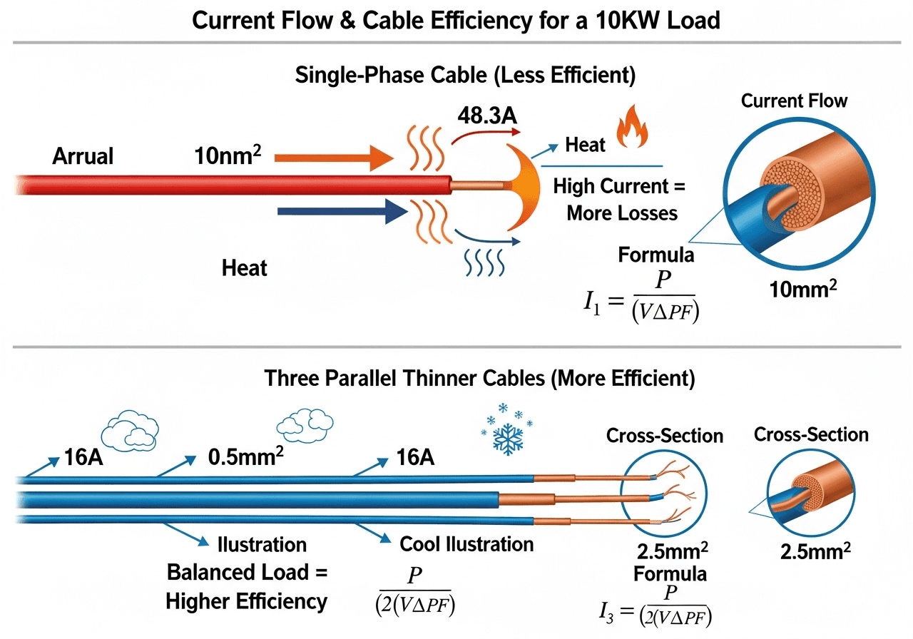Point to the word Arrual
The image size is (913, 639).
tap(83, 156)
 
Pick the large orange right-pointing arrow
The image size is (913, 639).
tap(332, 156)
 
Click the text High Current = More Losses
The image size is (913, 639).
tap(619, 200)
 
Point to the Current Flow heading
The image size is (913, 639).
tap(794, 101)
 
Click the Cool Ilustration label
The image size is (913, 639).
tap(466, 544)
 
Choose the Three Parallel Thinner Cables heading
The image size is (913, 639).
tap(479, 378)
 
